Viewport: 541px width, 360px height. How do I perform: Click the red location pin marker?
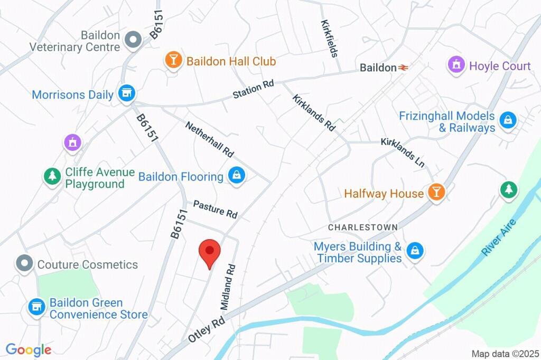209,253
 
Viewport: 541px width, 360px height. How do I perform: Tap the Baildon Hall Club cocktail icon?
173,60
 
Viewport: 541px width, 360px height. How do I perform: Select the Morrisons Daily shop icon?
126,93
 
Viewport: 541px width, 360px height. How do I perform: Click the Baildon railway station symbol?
404,68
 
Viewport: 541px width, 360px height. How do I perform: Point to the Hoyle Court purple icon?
455,65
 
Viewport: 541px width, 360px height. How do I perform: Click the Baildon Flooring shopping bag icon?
236,175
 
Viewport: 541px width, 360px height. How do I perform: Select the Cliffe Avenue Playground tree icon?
52,176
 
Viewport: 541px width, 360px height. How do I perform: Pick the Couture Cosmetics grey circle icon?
24,263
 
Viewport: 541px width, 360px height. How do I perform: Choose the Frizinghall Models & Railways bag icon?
508,120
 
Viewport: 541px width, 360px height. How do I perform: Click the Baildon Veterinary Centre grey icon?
132,40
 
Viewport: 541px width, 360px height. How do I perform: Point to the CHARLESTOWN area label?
362,227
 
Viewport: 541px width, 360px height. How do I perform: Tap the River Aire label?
498,238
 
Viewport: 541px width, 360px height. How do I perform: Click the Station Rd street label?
254,89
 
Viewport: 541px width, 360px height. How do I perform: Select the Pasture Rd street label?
215,209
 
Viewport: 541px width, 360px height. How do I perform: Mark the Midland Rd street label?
227,287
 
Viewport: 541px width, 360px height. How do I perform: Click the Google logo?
29,349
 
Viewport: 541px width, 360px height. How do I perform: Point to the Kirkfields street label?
329,39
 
